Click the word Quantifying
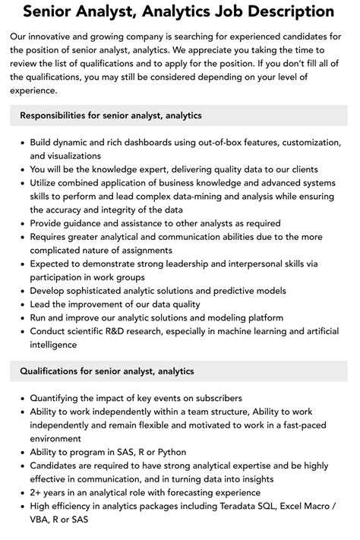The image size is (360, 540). click(x=57, y=398)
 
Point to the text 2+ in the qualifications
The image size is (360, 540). click(x=36, y=492)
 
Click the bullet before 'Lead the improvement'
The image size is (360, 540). click(x=21, y=305)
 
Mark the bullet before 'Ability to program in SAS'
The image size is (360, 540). click(x=21, y=452)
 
